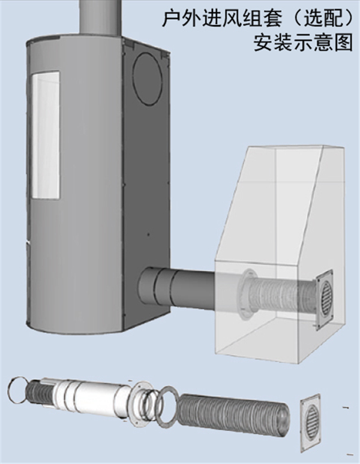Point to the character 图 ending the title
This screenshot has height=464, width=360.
344,43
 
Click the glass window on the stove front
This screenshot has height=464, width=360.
45,135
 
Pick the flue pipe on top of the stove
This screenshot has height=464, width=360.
100,16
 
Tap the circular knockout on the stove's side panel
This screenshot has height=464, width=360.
148,78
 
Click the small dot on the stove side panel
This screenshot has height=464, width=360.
148,234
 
